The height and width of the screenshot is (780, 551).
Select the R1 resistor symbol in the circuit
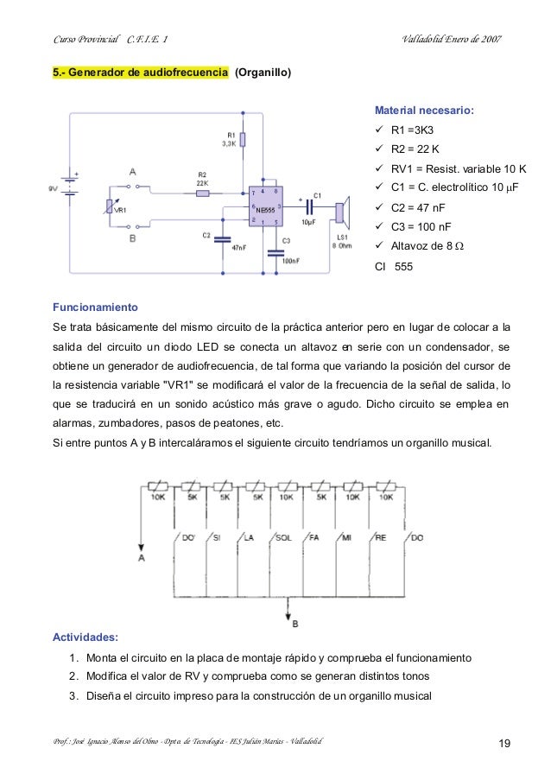point(243,141)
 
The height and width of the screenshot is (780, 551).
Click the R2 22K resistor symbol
point(202,194)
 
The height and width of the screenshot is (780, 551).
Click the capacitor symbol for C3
point(275,253)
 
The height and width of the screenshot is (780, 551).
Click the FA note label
point(314,537)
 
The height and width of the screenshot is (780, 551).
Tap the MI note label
point(345,537)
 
